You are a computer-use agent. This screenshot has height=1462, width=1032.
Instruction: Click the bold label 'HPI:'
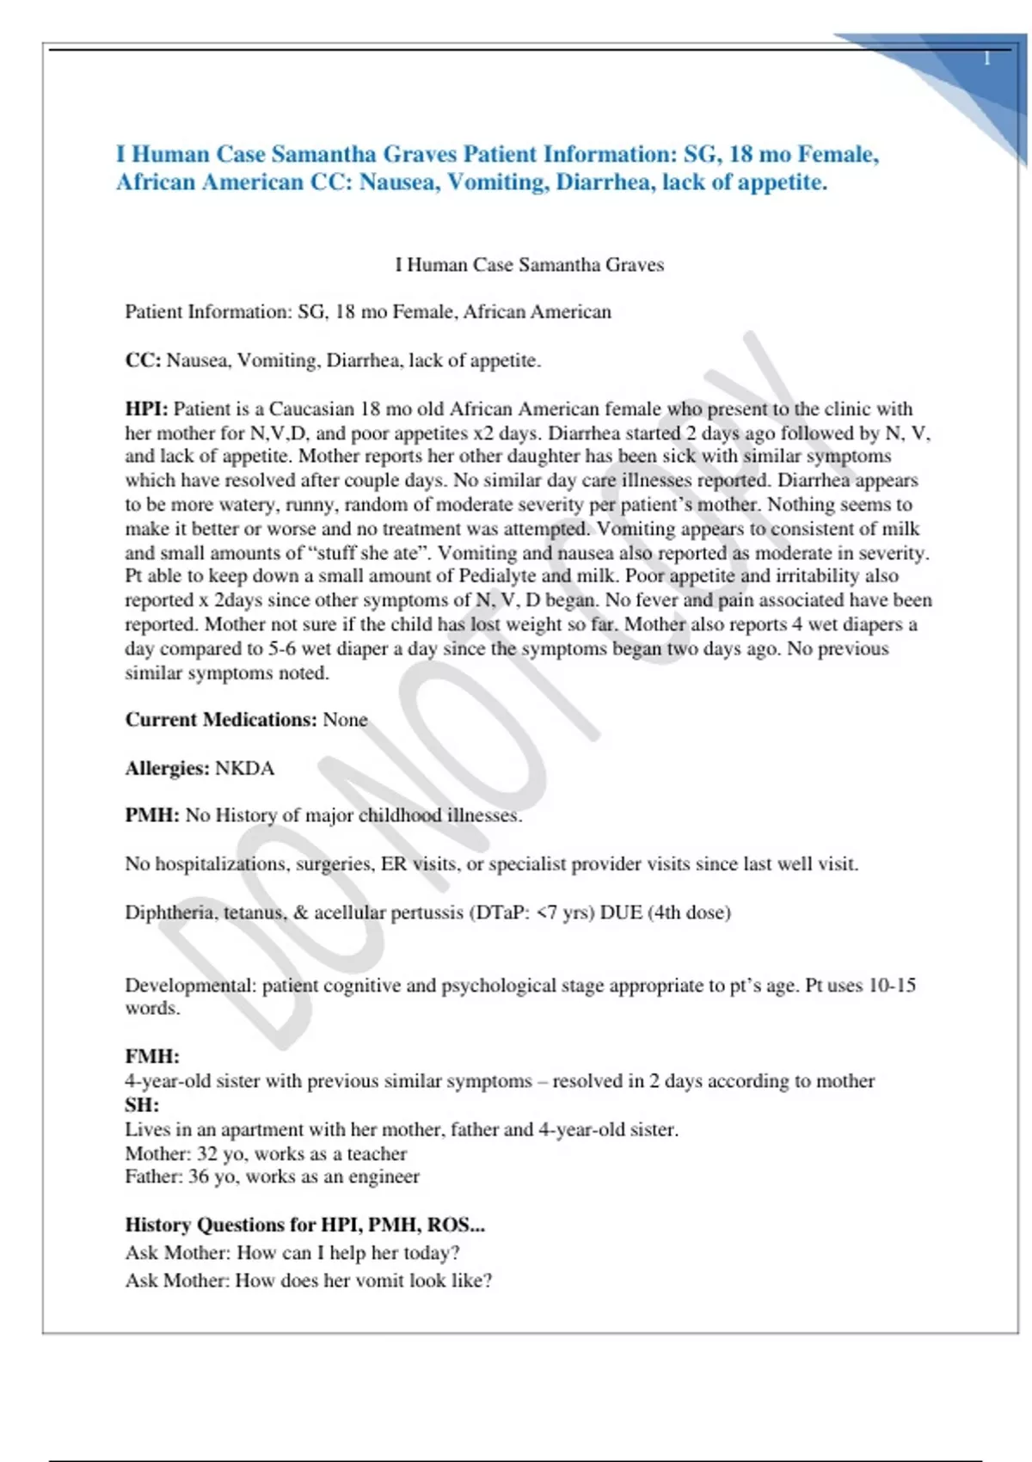[146, 409]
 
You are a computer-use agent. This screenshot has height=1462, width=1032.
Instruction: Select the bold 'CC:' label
[143, 360]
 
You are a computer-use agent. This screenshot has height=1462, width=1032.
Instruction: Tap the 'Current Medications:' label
[221, 720]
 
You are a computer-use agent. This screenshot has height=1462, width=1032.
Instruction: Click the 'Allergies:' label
[167, 768]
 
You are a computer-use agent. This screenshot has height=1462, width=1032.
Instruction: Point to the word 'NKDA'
[244, 768]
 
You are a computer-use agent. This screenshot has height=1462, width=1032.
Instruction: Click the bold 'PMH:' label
[152, 815]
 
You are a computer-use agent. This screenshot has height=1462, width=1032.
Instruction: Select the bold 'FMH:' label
[152, 1056]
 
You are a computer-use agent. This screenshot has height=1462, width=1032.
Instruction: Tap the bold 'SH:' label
[142, 1105]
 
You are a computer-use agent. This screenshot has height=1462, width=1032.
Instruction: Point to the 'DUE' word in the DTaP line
[621, 912]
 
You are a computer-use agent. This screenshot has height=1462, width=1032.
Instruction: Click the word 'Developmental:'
[190, 986]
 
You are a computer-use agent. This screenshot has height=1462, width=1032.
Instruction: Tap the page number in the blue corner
[986, 58]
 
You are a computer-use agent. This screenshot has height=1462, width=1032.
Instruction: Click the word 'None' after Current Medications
[345, 720]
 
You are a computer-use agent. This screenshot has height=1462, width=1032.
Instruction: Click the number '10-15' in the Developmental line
[892, 986]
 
